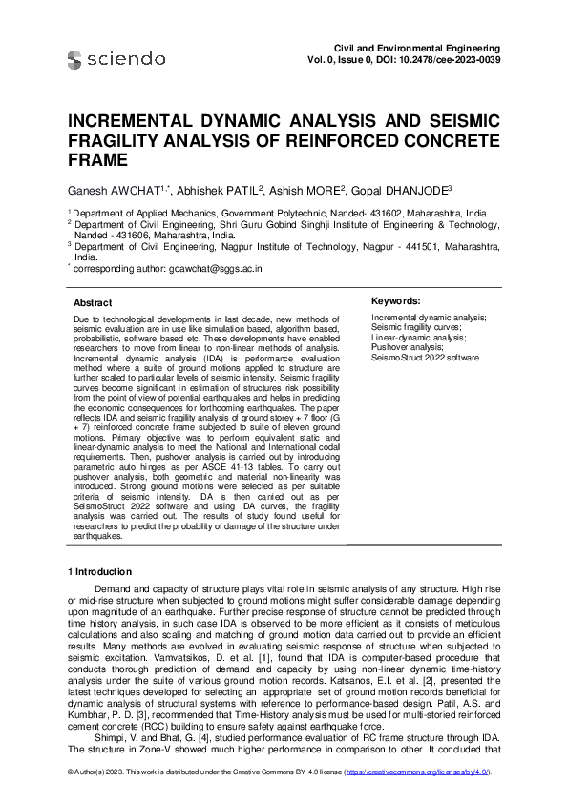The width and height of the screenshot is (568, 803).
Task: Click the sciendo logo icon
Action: point(75,60)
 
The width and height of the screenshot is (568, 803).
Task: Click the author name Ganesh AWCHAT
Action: point(114,191)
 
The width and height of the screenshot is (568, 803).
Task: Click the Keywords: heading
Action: point(400,300)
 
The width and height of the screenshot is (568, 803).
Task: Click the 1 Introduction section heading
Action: point(103,598)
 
